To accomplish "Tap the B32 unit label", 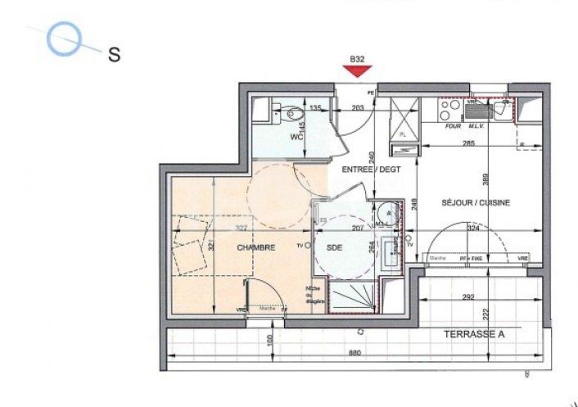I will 356,59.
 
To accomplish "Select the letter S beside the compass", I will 115,55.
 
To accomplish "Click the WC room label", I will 296,138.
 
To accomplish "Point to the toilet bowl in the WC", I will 287,111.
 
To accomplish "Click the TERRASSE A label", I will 474,335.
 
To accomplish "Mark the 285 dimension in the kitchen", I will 467,144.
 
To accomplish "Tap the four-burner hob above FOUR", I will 449,107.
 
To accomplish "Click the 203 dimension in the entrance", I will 357,107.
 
